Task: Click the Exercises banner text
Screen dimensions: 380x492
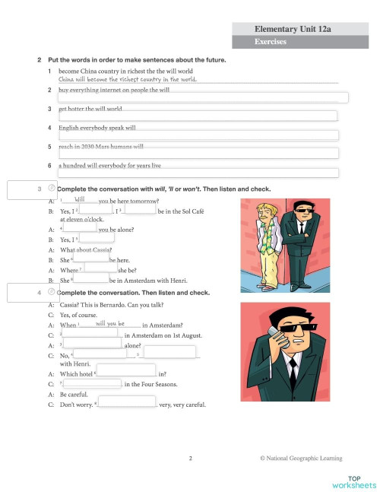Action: (271, 42)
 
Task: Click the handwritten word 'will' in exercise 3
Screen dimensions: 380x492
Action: (79, 199)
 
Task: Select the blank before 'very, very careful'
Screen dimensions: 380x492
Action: (126, 403)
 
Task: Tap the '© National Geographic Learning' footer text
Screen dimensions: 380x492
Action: (301, 458)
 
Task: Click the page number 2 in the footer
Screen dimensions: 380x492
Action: (190, 458)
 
